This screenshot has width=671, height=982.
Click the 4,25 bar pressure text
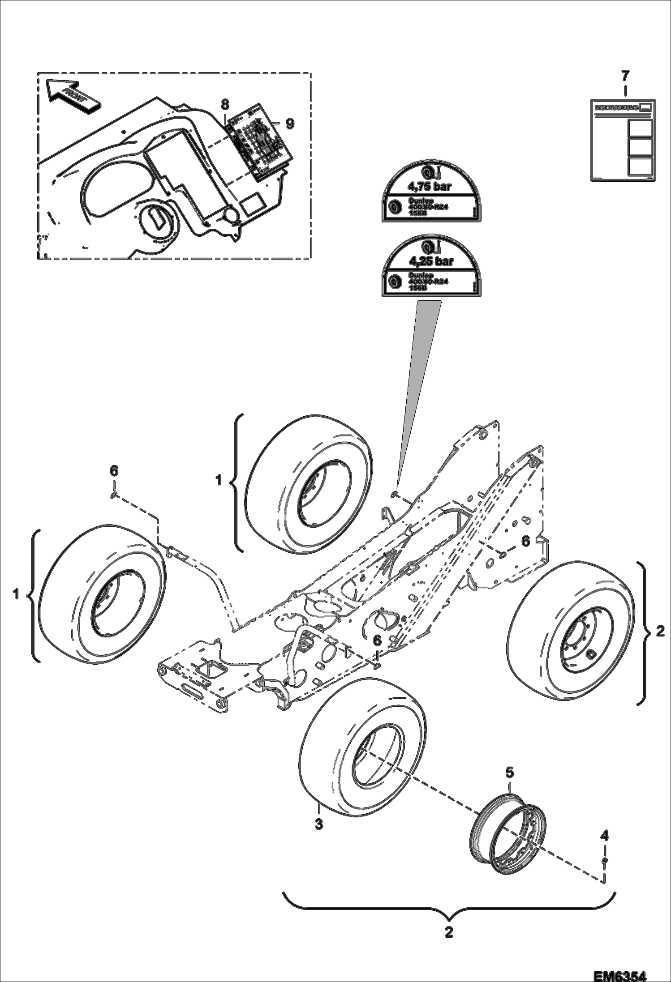(x=430, y=261)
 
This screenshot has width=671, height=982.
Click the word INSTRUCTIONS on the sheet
(x=616, y=108)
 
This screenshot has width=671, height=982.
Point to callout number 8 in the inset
(x=224, y=104)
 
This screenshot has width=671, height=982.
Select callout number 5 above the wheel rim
(x=510, y=772)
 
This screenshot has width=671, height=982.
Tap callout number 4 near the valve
(x=605, y=835)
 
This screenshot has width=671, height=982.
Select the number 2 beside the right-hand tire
(x=660, y=632)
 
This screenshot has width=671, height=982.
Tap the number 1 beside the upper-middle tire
(x=219, y=481)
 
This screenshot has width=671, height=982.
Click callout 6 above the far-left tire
(x=114, y=470)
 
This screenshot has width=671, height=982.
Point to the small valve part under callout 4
(x=605, y=860)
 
